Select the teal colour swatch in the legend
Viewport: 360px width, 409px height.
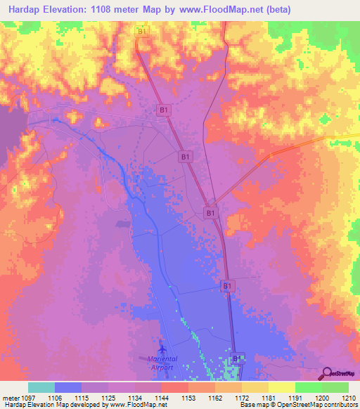pyautogui.click(x=41, y=387)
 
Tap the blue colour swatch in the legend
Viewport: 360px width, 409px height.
pyautogui.click(x=68, y=387)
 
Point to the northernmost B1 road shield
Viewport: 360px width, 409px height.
pyautogui.click(x=143, y=32)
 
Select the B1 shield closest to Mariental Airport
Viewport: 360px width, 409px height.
pyautogui.click(x=238, y=358)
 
